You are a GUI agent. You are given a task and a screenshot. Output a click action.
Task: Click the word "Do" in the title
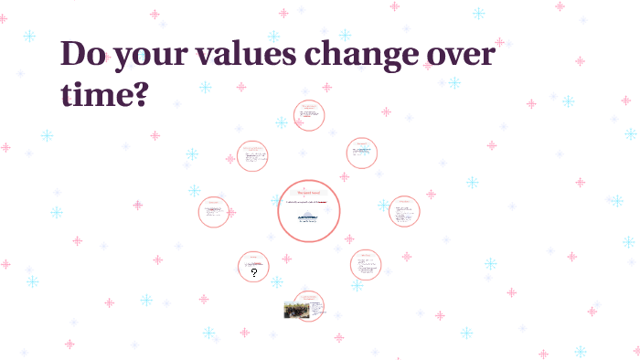(85, 55)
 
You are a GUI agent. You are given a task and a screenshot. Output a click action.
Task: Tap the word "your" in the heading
(159, 57)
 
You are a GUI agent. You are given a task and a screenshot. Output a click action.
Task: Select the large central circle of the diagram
(309, 211)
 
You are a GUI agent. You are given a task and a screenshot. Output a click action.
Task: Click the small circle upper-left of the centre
(252, 156)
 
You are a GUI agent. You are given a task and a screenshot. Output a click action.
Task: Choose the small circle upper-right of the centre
(363, 153)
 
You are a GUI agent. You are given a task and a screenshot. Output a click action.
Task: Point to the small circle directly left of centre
(215, 212)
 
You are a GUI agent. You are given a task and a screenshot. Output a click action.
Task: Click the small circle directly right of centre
(403, 212)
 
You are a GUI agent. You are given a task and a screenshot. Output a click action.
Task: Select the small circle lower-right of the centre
(366, 265)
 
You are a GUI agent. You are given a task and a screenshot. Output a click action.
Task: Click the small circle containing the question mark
(253, 267)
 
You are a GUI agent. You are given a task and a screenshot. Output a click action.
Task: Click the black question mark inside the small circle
(254, 272)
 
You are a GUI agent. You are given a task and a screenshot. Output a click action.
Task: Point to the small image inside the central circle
(308, 216)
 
